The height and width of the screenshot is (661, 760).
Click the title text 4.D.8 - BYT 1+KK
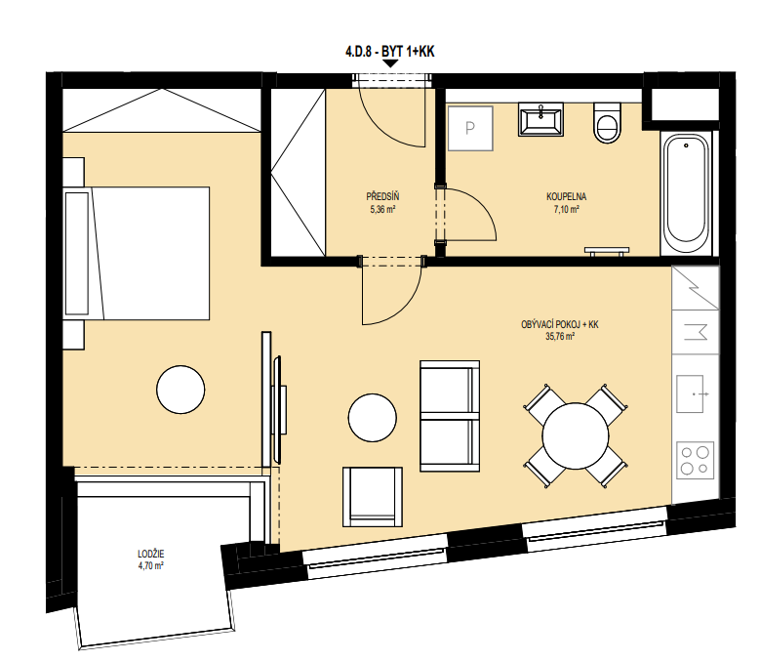[x=389, y=52]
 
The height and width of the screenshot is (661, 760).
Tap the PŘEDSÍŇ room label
[x=382, y=196]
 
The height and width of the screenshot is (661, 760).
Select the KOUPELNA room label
[x=566, y=196]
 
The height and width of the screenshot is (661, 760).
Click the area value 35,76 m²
[x=560, y=337]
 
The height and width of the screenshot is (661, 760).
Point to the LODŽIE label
[x=151, y=554]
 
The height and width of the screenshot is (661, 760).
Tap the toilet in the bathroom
[x=607, y=123]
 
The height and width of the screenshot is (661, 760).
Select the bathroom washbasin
[x=540, y=119]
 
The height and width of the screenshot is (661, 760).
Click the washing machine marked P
[x=470, y=128]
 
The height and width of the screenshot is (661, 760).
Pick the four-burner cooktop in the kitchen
[x=696, y=459]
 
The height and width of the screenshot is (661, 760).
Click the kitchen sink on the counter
[x=690, y=393]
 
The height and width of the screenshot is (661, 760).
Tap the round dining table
[x=576, y=436]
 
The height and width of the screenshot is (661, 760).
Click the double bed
[x=137, y=253]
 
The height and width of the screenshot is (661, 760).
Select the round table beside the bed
[x=180, y=390]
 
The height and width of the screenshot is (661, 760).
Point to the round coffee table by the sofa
[x=373, y=418]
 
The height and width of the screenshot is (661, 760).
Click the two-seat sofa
[x=450, y=416]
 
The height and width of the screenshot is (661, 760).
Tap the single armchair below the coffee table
[x=373, y=497]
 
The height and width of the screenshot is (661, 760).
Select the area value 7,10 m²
[x=566, y=210]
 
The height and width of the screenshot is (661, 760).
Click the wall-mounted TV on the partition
[x=278, y=409]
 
